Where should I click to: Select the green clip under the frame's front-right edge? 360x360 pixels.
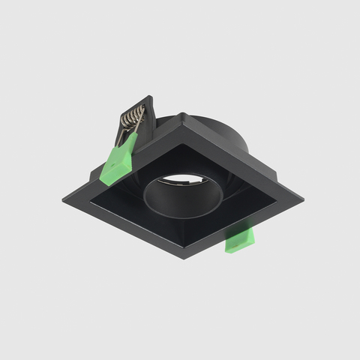tap(240, 241)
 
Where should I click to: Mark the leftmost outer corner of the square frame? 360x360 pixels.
tap(63, 201)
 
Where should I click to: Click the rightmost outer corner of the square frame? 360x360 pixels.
tap(302, 201)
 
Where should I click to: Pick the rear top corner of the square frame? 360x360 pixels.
tap(182, 115)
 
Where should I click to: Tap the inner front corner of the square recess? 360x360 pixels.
tap(184, 238)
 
